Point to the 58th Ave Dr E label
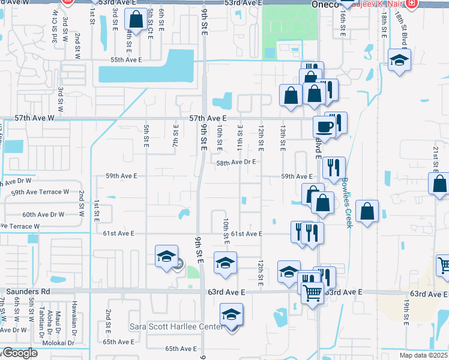237,162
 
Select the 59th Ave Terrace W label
40,191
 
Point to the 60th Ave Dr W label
43,214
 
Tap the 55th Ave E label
126,60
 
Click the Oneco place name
325,4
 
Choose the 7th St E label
176,136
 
